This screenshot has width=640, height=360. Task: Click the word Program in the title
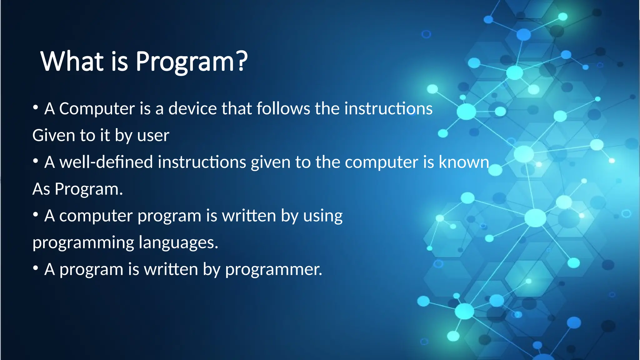[184, 62]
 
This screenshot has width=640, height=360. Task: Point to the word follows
[283, 109]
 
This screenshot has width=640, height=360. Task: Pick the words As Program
[77, 189]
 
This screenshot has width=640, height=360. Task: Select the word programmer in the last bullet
[273, 270]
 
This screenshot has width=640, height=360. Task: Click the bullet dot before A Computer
[36, 108]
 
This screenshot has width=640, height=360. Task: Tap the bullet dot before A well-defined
[36, 161]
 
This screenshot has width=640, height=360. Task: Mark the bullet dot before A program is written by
[36, 268]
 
